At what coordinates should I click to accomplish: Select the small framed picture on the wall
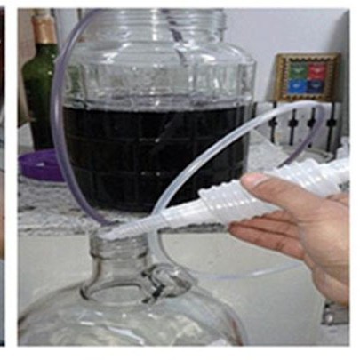pyautogui.click(x=307, y=76)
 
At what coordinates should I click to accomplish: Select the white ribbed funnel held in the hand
pyautogui.click(x=222, y=204)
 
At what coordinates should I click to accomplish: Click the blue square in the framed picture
pyautogui.click(x=296, y=86)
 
